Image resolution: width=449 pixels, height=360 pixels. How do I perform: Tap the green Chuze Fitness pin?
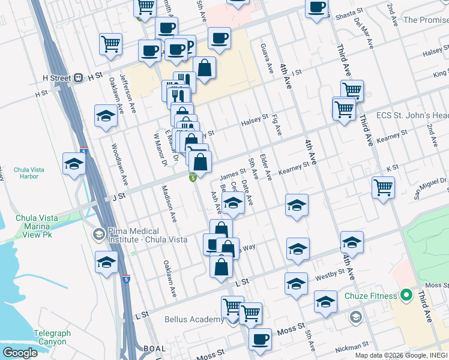pyautogui.click(x=406, y=295)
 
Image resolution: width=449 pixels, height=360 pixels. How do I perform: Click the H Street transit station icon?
pyautogui.click(x=78, y=78)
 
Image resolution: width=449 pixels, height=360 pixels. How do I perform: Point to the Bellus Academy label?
pyautogui.click(x=194, y=319)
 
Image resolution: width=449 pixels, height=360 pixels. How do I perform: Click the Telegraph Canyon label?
pyautogui.click(x=52, y=337)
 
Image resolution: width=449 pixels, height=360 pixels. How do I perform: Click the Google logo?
pyautogui.click(x=20, y=353)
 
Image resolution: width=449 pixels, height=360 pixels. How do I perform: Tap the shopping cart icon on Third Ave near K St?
pyautogui.click(x=383, y=188)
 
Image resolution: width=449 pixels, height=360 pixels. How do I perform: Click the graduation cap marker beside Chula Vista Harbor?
pyautogui.click(x=73, y=164)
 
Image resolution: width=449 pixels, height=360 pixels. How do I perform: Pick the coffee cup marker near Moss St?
pyautogui.click(x=260, y=340)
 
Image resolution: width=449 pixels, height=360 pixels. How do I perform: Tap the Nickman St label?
pyautogui.click(x=352, y=346)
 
